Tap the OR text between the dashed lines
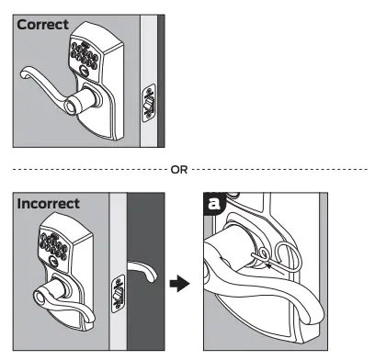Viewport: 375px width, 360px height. point(179,169)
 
